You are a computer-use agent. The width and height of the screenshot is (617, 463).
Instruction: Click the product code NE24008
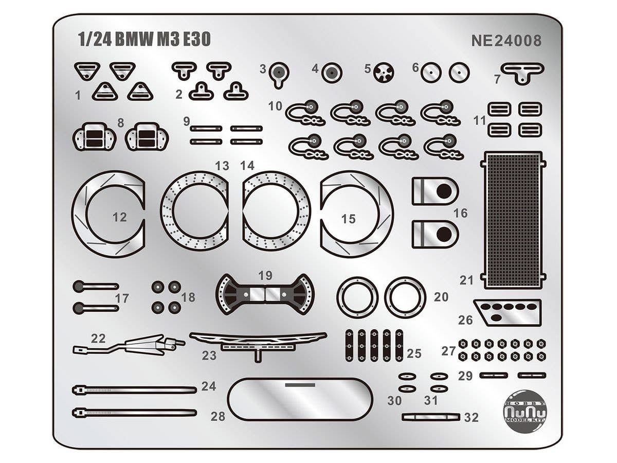(506, 41)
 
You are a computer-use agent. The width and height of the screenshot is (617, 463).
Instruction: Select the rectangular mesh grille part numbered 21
(513, 220)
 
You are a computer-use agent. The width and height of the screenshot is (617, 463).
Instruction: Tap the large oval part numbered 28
(300, 399)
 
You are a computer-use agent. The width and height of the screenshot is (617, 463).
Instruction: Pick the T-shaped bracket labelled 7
(522, 72)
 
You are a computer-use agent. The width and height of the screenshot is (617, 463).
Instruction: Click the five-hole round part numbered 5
(383, 73)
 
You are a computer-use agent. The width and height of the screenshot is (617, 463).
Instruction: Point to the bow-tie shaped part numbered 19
(265, 294)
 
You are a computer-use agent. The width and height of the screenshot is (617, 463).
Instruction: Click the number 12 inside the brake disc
(119, 218)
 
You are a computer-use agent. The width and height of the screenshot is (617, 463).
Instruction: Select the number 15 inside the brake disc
(348, 219)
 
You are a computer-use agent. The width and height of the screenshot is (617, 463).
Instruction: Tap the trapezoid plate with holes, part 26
(508, 311)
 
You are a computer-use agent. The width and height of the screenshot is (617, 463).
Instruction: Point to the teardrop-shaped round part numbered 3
(279, 72)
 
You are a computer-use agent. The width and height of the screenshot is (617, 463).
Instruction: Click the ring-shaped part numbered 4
(332, 73)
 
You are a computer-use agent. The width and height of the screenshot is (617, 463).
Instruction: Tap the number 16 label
(460, 212)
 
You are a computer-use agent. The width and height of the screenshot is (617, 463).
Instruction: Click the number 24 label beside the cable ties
(208, 386)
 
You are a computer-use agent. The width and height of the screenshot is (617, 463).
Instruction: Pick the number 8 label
(121, 122)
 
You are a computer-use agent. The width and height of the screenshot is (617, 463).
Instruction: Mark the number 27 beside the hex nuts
(448, 351)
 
